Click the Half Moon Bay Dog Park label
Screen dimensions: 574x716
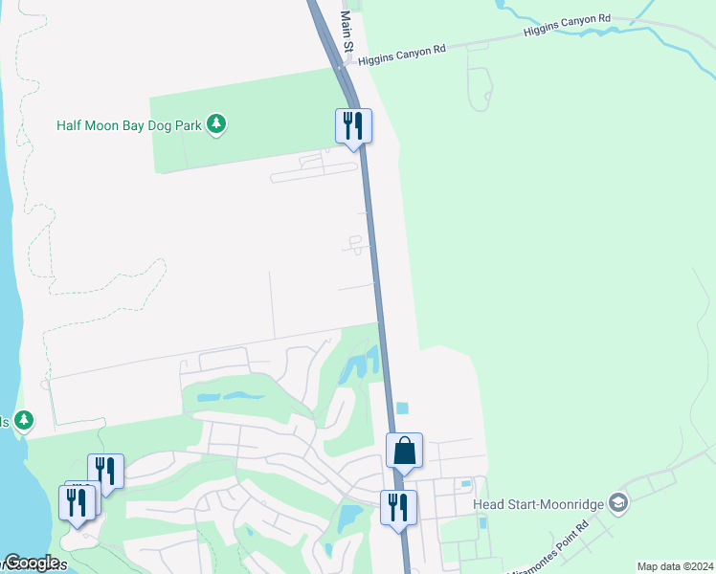coord(131,125)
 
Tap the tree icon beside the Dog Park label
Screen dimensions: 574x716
coord(217,124)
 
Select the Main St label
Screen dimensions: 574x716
coord(347,33)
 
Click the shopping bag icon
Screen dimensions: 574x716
coord(404,450)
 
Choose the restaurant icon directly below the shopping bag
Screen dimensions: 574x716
coord(398,506)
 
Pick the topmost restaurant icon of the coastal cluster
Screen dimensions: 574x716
coord(105,470)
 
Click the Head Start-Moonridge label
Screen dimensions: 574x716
coord(538,503)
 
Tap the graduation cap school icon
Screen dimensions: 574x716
coord(617,503)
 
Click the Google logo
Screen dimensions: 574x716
coord(31,563)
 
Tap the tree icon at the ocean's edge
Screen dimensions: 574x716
coord(24,420)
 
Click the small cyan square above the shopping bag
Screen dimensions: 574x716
coord(402,408)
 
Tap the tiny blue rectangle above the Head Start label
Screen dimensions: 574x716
coord(465,484)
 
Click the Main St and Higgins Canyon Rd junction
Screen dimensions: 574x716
coord(340,67)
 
